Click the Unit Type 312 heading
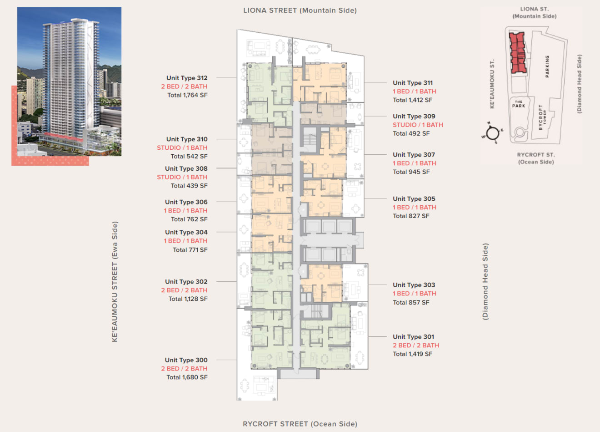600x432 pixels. click(187, 78)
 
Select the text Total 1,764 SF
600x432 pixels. click(187, 95)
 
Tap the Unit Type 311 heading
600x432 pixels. click(413, 83)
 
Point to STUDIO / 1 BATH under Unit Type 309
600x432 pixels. click(418, 125)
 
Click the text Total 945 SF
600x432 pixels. click(411, 172)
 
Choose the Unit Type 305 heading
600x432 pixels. click(414, 199)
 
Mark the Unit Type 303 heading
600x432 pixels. click(414, 285)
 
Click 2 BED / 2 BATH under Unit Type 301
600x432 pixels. click(416, 346)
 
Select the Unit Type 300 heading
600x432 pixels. click(186, 360)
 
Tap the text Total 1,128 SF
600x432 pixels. click(188, 299)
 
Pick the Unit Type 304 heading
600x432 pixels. click(186, 232)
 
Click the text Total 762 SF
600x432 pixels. click(189, 219)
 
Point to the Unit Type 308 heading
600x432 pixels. click(186, 168)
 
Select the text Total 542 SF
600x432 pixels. click(189, 156)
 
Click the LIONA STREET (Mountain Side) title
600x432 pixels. click(300, 10)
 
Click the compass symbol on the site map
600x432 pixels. click(492, 133)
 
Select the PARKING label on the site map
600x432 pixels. click(547, 66)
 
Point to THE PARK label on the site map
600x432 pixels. click(519, 104)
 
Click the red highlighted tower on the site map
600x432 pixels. click(517, 53)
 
